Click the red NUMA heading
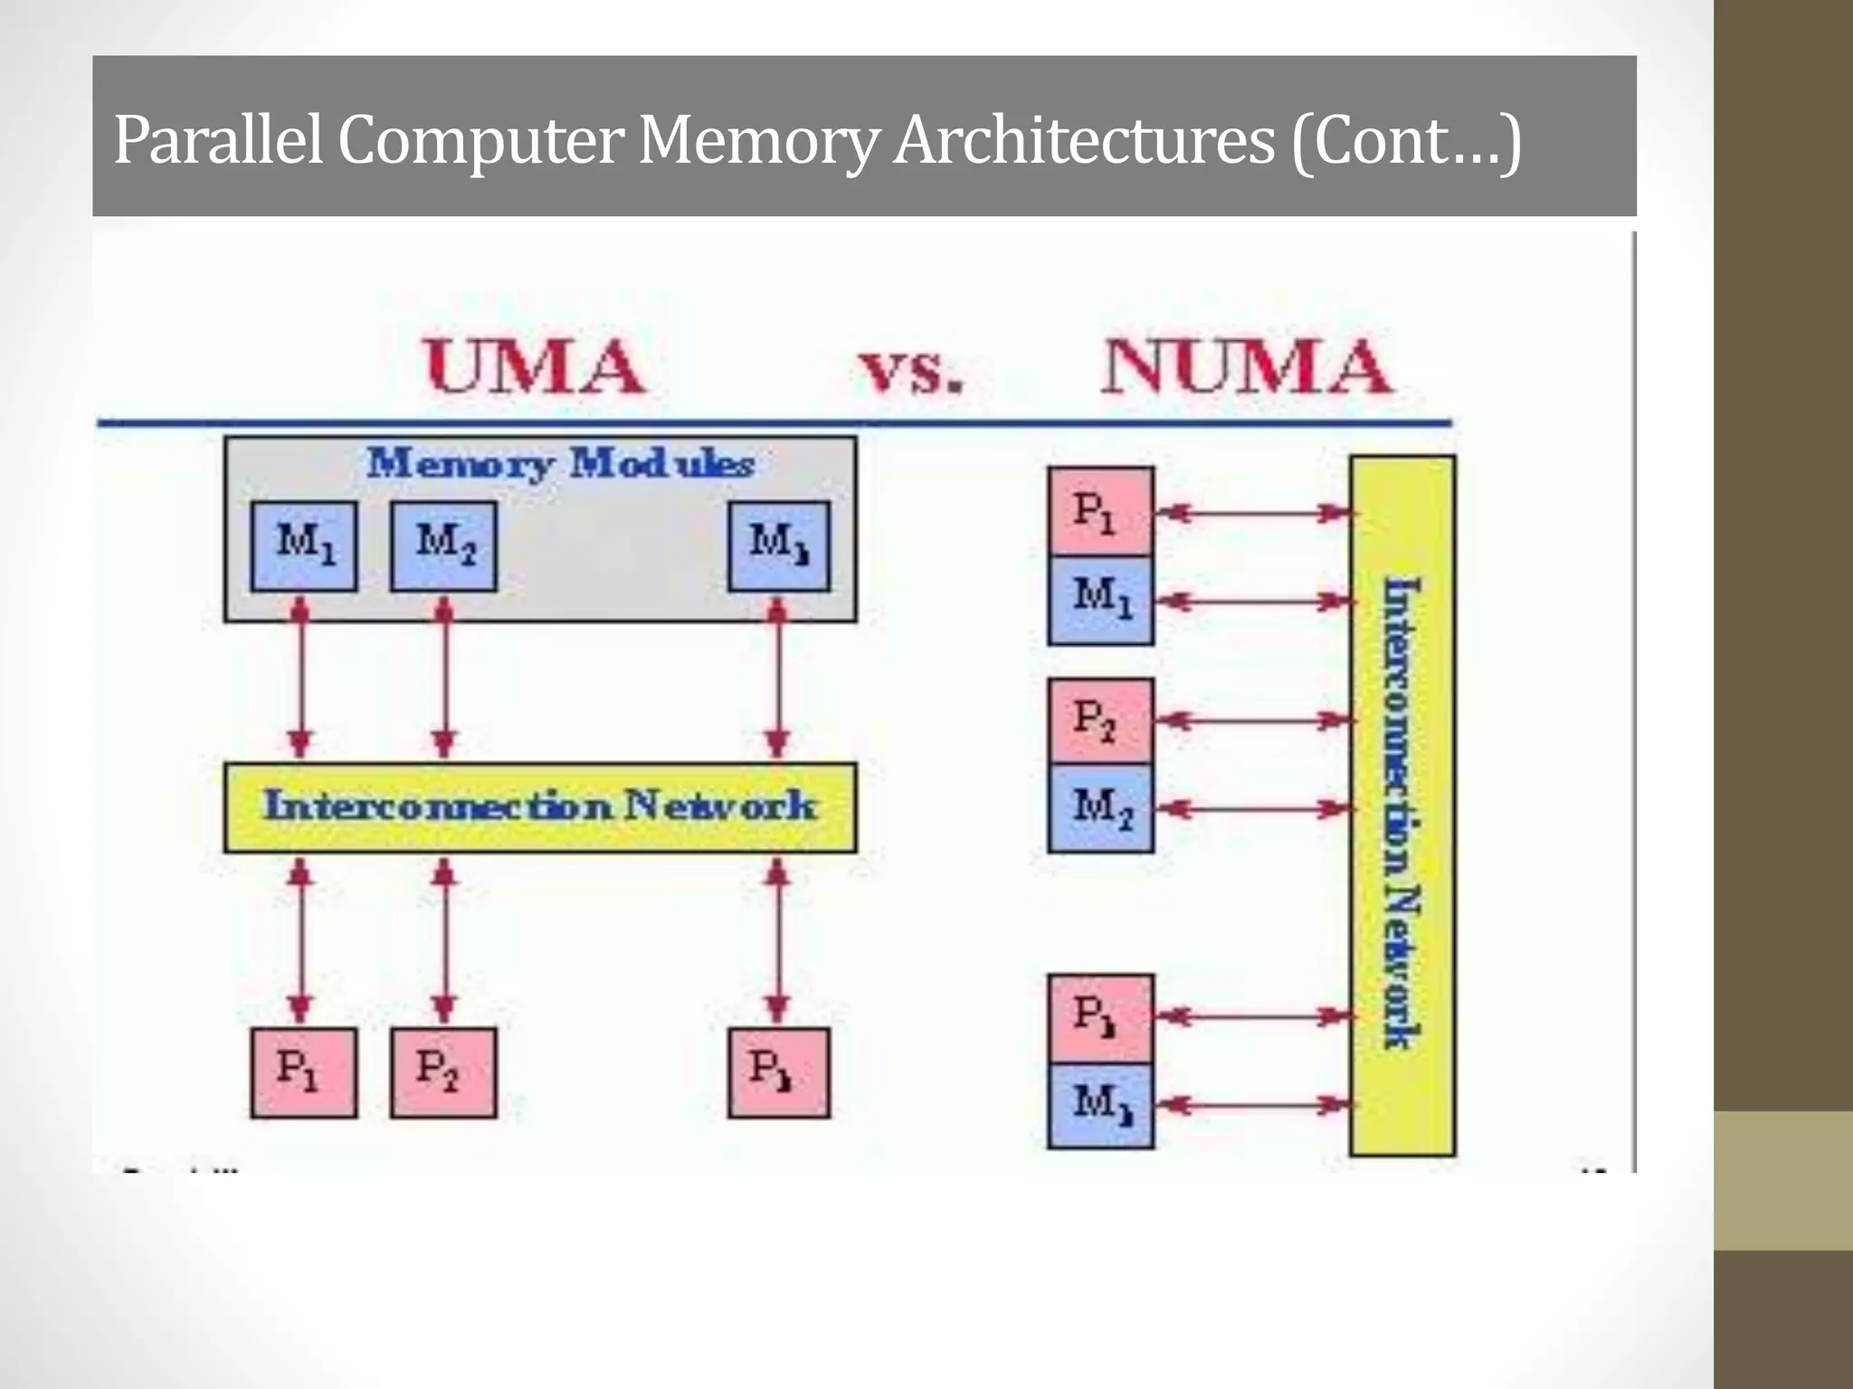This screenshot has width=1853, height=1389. [x=1246, y=366]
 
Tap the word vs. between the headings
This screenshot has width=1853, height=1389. [x=909, y=371]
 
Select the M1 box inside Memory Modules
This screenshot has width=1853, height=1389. [x=304, y=546]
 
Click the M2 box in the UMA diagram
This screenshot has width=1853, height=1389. [x=443, y=546]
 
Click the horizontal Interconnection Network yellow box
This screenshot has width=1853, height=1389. [x=540, y=807]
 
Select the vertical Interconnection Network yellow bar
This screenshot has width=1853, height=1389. [x=1402, y=805]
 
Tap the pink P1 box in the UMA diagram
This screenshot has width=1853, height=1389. [x=303, y=1072]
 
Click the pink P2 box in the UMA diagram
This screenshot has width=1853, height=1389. [x=443, y=1072]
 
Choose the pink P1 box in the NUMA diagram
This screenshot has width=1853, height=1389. [x=1100, y=511]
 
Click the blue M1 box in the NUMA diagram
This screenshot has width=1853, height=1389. [x=1100, y=599]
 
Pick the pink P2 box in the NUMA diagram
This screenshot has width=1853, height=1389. [x=1100, y=721]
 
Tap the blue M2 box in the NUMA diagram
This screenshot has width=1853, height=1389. [x=1100, y=807]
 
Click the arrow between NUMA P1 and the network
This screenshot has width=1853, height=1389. [x=1253, y=514]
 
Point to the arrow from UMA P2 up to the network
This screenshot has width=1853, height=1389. [x=442, y=940]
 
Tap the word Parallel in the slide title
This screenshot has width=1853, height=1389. [x=218, y=141]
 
